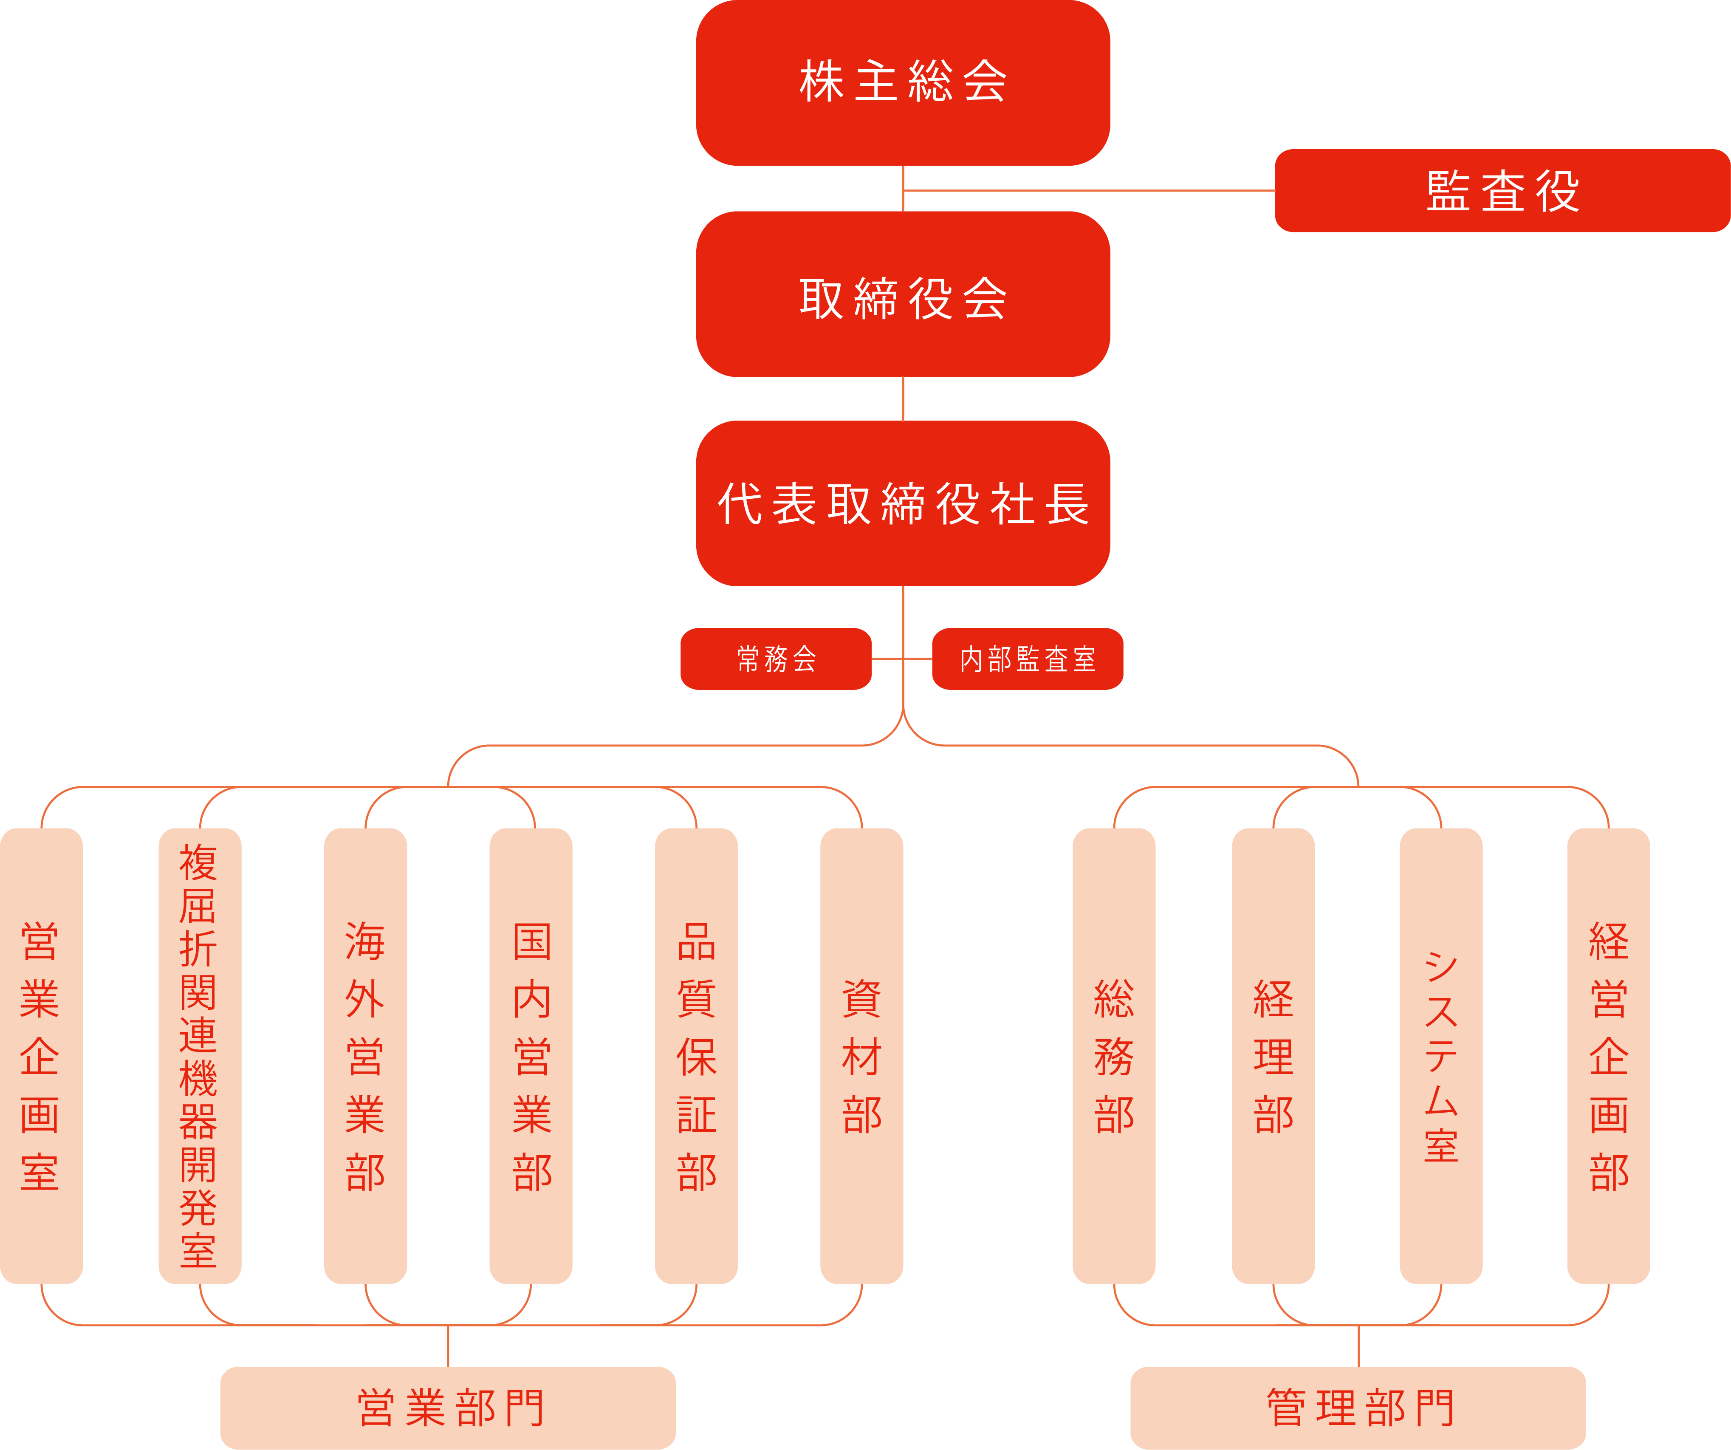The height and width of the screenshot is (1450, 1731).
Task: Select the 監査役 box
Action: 1502,190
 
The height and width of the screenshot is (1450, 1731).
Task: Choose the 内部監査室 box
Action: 1028,659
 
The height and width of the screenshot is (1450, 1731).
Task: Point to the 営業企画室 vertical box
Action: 41,1056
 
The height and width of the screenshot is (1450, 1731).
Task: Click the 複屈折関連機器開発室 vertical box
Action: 200,1056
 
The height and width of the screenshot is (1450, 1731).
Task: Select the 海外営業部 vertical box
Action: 365,1056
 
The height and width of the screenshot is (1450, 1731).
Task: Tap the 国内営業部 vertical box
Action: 531,1056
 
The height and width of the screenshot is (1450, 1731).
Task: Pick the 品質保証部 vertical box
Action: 697,1056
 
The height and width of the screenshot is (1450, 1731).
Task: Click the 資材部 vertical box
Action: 861,1056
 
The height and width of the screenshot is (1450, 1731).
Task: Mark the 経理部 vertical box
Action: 1274,1056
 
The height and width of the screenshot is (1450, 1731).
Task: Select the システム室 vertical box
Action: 1441,1056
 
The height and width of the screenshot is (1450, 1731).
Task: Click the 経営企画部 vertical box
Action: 1608,1056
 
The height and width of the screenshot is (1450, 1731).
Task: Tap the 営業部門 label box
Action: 448,1408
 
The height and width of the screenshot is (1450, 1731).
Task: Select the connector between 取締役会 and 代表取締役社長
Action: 904,399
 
